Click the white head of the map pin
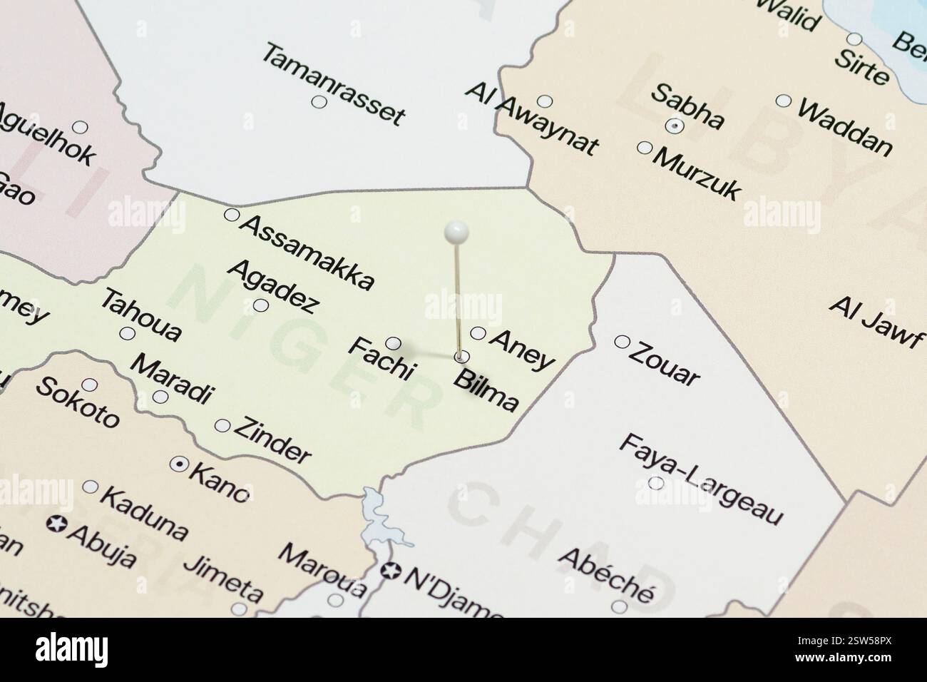pos(456,231)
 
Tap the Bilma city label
pos(486,391)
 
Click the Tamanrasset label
pos(334,84)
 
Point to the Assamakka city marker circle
pos(231,214)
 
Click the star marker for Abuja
pos(55,524)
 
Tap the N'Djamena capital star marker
pos(389,571)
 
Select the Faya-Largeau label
pos(701,479)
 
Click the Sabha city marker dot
pos(674,126)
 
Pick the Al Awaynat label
pos(531,119)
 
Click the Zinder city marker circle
pos(222,426)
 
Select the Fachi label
pos(381,358)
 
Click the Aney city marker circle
pos(478,333)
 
